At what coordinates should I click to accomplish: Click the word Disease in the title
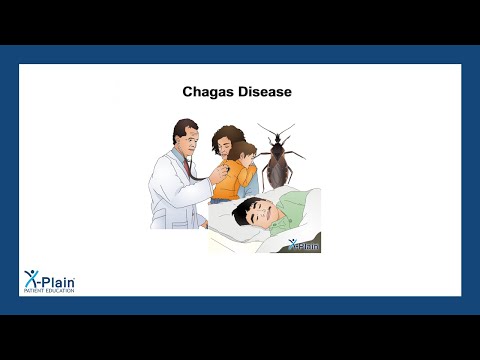tap(265, 92)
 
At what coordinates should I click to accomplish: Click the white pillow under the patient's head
tap(225, 232)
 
